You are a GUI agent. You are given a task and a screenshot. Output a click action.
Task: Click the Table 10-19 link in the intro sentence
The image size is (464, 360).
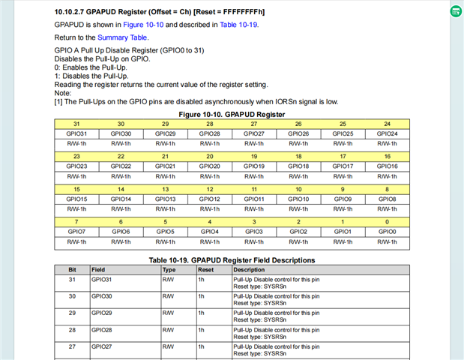[238, 25]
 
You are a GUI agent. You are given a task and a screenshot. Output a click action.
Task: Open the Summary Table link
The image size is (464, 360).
[123, 37]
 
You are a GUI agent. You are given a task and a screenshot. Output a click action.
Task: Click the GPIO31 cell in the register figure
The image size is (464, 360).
[76, 133]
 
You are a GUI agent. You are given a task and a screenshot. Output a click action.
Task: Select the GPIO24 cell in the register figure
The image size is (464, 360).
[387, 133]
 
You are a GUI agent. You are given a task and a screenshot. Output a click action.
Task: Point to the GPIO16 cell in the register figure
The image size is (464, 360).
[387, 166]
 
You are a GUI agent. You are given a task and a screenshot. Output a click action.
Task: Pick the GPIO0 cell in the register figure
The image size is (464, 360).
[387, 232]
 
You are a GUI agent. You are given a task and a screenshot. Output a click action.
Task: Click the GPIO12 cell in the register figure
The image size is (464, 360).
[209, 199]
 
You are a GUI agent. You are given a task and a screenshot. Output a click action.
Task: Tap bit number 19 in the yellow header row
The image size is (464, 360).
[253, 156]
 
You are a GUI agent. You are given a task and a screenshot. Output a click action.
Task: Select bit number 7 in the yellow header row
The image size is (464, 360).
[76, 222]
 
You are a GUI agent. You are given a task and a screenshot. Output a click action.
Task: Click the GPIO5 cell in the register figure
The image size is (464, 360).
[165, 232]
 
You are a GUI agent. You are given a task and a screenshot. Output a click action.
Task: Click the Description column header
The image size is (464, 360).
[249, 269]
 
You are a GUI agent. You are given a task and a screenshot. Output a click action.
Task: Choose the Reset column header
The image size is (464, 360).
[205, 269]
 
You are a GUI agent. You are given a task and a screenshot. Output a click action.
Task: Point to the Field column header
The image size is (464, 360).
[98, 269]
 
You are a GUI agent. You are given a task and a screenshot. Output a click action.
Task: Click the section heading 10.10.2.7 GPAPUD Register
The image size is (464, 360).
[160, 13]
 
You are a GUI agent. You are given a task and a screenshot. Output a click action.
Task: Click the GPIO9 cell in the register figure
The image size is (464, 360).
[343, 199]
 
